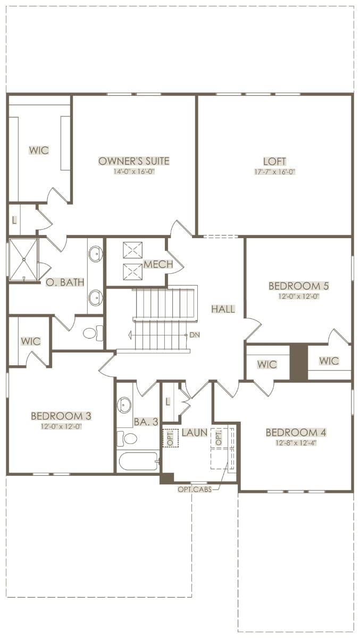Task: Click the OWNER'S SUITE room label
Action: (x=134, y=161)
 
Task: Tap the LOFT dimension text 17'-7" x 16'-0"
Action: (x=274, y=172)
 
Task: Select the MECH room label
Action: (x=158, y=264)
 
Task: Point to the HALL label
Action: (x=223, y=309)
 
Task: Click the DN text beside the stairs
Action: (x=195, y=335)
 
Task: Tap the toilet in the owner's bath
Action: (x=93, y=333)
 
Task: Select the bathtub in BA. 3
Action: (x=138, y=461)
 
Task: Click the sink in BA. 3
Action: (x=124, y=405)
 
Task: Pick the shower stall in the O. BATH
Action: (x=23, y=260)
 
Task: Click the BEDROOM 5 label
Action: (x=299, y=286)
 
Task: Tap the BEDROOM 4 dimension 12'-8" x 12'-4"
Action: (x=296, y=443)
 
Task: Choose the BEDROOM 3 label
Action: (x=61, y=416)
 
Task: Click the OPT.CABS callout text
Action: (x=195, y=489)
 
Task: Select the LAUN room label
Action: (x=195, y=433)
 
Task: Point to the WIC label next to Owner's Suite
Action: (x=39, y=150)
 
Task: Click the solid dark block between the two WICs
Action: (x=299, y=362)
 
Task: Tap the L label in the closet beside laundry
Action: (x=168, y=402)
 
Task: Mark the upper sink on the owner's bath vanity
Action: (x=95, y=254)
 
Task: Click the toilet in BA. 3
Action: (x=127, y=438)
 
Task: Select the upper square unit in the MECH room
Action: (x=132, y=250)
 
